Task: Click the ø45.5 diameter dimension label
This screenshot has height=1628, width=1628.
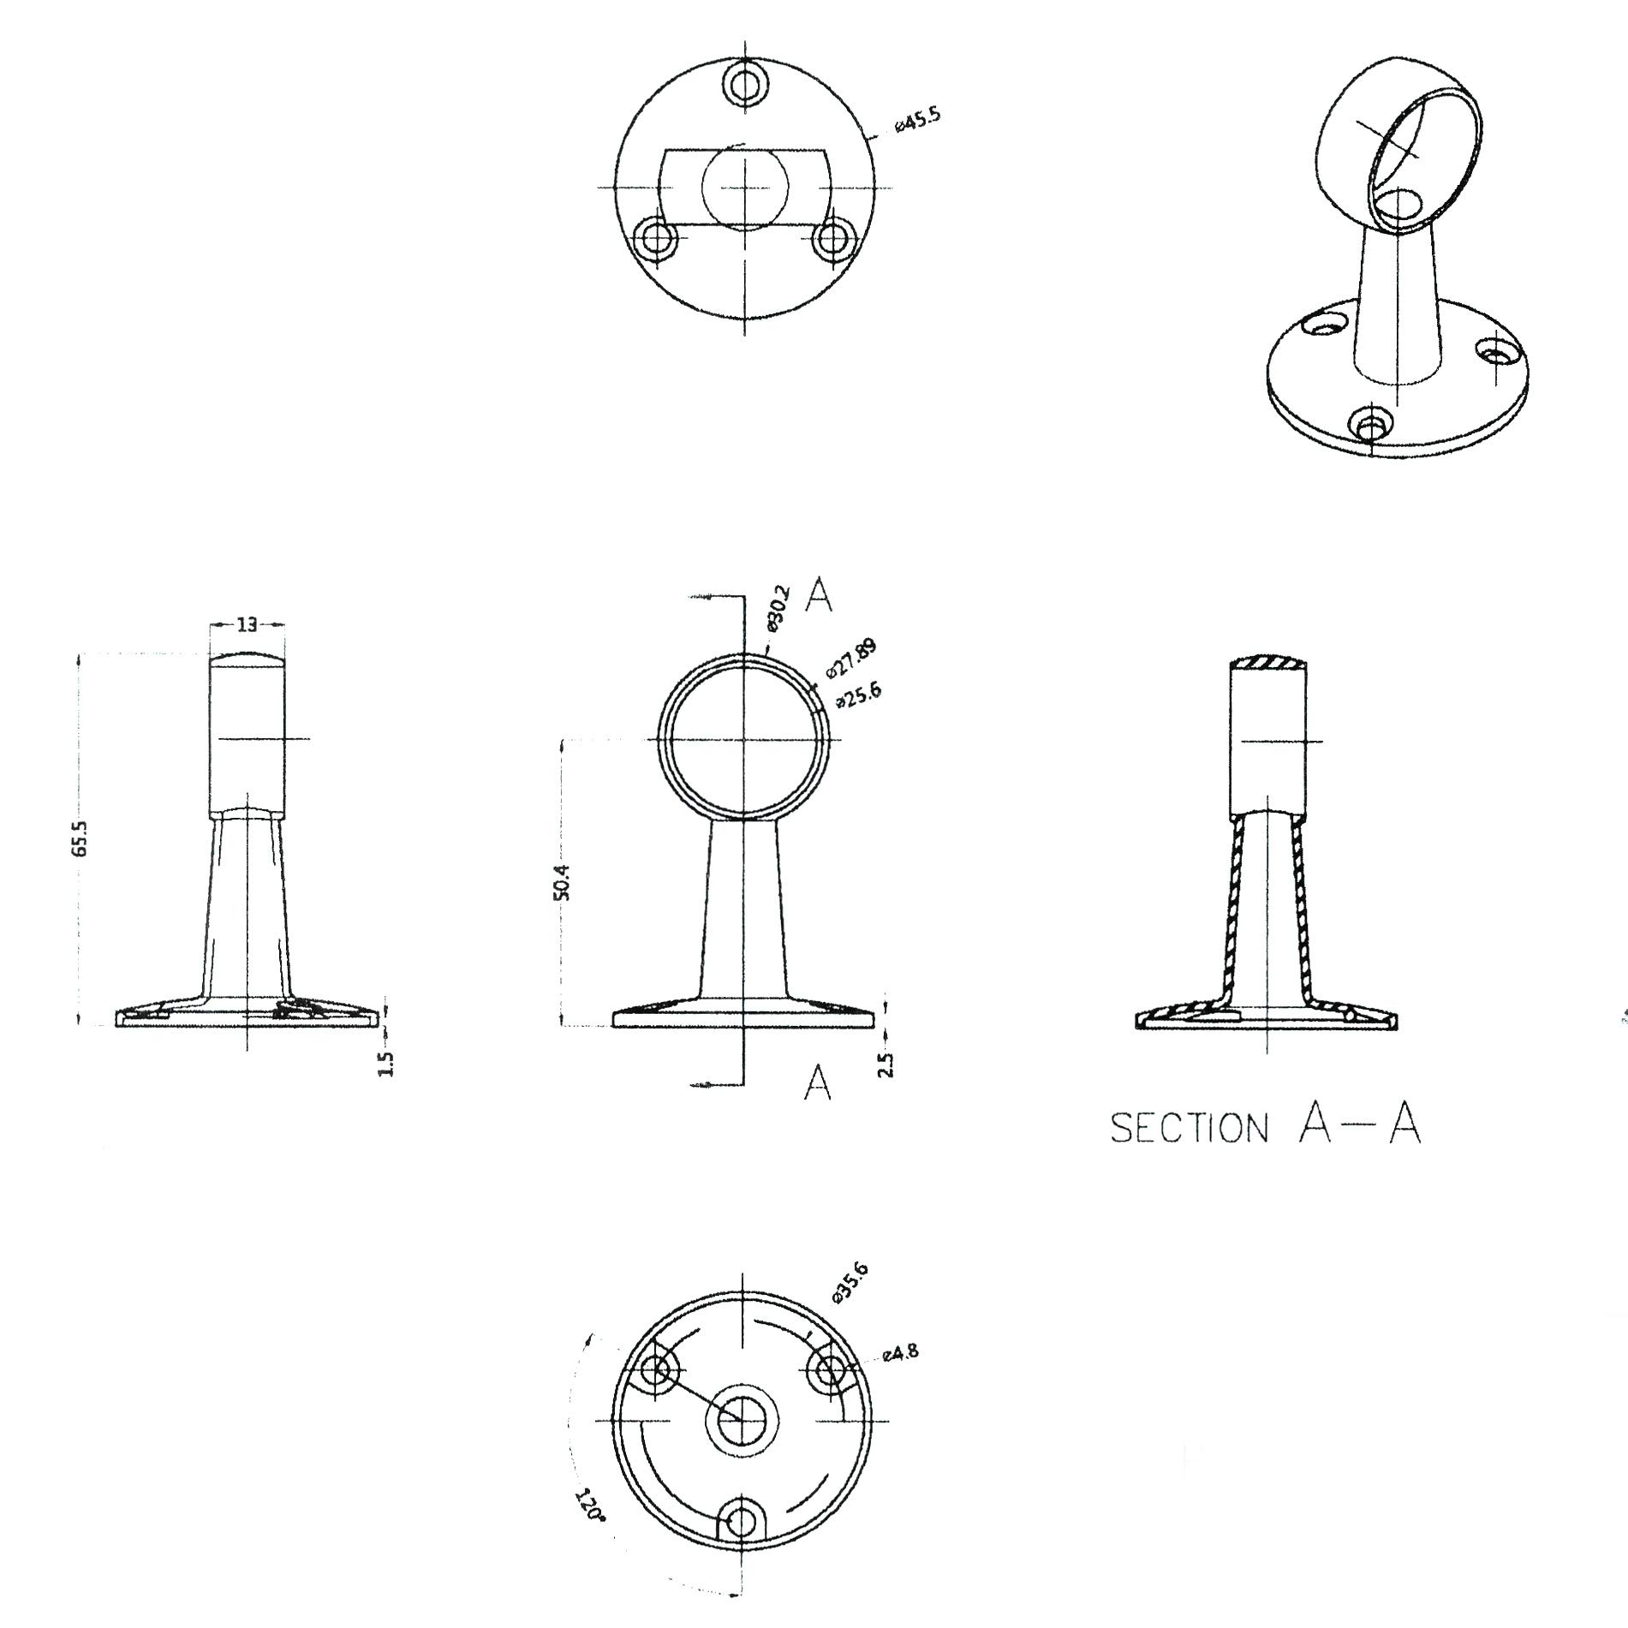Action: pyautogui.click(x=916, y=120)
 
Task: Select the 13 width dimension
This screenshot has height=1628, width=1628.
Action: pyautogui.click(x=247, y=625)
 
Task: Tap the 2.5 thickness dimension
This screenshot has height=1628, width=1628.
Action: pyautogui.click(x=886, y=1064)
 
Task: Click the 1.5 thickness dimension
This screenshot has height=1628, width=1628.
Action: pyautogui.click(x=385, y=1064)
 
